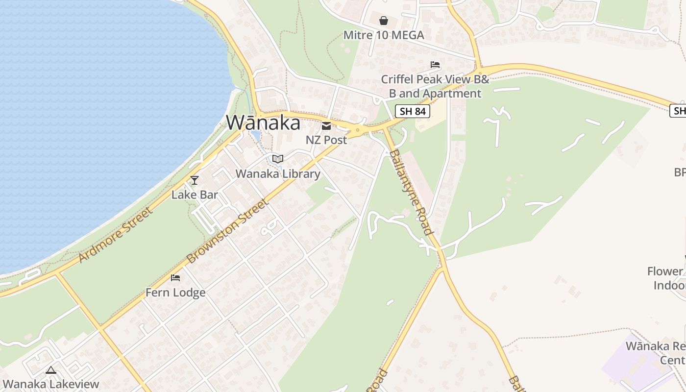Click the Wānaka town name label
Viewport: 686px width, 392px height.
pos(263,122)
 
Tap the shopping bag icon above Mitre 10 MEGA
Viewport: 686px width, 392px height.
pos(384,21)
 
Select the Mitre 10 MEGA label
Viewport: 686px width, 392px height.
pos(384,35)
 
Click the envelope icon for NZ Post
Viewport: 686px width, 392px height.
pos(326,126)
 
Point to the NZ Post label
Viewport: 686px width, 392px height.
pos(326,140)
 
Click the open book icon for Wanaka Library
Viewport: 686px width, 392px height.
pos(278,159)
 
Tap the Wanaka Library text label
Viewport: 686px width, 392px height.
pos(278,173)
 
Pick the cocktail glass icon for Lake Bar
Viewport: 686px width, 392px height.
pos(195,180)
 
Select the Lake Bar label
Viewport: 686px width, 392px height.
pos(195,195)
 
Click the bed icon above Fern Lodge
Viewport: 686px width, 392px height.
pos(175,278)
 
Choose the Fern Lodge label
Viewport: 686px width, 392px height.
pos(175,293)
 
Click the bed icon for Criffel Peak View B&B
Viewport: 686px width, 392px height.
pos(435,65)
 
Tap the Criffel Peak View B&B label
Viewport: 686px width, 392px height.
pos(435,86)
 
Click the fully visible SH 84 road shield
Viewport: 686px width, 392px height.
pos(413,111)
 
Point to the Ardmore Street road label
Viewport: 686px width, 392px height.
pos(115,234)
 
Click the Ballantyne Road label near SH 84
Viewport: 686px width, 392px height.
pos(411,192)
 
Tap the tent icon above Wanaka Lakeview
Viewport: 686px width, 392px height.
pos(51,370)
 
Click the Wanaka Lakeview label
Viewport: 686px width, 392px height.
pos(51,384)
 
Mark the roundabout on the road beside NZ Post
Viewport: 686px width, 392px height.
pos(357,130)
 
